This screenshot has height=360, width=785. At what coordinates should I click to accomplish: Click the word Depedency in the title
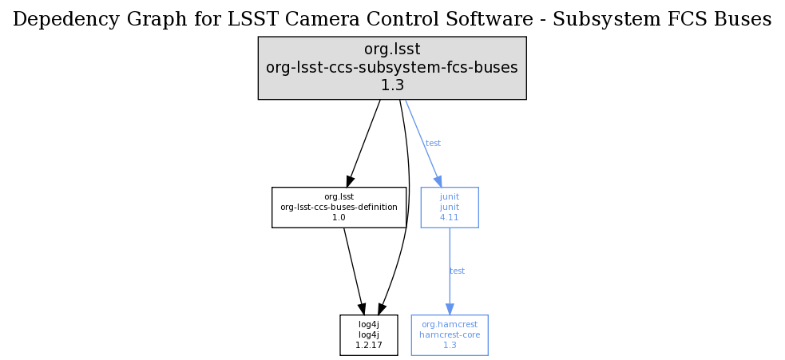coord(55,19)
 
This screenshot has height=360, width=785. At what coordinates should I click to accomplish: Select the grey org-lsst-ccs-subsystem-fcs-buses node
coord(391,68)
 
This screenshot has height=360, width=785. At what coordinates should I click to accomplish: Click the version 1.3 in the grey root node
coord(391,85)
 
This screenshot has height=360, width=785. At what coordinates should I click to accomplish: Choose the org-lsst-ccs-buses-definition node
coord(339,207)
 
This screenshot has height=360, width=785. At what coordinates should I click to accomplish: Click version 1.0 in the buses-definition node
coord(339,217)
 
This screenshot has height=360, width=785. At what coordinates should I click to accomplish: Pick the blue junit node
coord(449,207)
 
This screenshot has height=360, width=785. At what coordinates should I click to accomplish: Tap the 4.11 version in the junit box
coord(449,217)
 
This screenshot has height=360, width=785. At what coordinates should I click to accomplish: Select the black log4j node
coord(368,334)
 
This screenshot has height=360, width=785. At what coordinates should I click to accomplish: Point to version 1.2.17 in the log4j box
coord(368,345)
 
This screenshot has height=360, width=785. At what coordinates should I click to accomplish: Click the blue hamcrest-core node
coord(449,334)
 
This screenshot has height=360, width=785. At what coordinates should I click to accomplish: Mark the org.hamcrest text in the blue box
coord(449,325)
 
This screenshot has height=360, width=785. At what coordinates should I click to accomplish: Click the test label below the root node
coord(433,144)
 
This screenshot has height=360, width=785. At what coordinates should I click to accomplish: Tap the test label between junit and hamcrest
coord(457,271)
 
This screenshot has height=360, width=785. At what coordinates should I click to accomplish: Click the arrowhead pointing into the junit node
coord(438,181)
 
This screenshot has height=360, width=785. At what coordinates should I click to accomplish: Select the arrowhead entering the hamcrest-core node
coord(449,309)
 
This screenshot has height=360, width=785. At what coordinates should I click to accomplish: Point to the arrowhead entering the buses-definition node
coord(350,182)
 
